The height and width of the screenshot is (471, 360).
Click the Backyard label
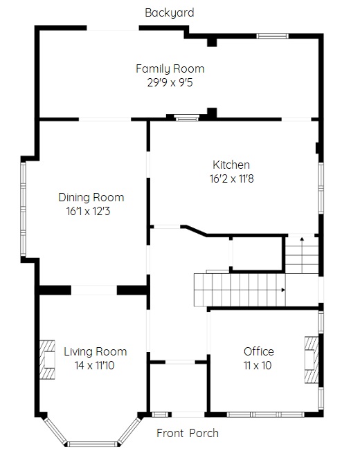170,12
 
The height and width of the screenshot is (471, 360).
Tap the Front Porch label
188,433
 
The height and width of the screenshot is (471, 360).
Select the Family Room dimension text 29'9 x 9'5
170,82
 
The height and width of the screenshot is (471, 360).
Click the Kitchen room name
231,165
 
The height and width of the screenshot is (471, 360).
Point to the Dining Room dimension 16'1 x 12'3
88,211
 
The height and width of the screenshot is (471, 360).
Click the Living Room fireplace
47,360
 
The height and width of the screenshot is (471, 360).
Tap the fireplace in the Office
312,360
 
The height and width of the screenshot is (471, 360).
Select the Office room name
259,351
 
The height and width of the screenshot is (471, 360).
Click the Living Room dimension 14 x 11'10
94,365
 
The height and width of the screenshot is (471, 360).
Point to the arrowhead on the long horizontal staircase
283,290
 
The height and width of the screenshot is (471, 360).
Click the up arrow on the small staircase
302,239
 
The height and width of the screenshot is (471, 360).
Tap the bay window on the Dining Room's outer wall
23,209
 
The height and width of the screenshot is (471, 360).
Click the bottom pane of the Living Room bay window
91,444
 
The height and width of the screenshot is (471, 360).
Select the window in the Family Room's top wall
273,36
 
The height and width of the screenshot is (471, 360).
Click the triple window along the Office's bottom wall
265,414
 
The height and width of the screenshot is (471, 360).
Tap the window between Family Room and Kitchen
187,118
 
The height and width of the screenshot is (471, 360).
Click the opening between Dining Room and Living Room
94,290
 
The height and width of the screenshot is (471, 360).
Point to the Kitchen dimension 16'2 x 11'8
231,178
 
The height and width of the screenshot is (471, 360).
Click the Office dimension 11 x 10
258,365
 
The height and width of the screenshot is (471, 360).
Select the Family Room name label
170,68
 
